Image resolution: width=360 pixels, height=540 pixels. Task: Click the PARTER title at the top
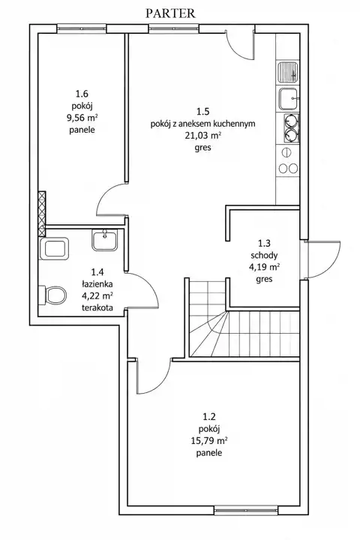pos(170,13)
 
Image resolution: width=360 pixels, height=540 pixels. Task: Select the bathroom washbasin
pos(105,240)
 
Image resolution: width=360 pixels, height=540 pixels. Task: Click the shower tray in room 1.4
pos(55,248)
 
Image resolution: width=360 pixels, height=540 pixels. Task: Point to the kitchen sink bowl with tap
pos(288,98)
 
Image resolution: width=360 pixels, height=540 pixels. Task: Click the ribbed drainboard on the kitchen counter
pos(288,72)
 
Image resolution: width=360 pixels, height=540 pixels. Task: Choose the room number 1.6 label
pos(82,93)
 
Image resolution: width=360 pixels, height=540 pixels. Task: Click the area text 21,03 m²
pos(203,135)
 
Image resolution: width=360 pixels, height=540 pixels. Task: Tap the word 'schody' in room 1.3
pos(264,256)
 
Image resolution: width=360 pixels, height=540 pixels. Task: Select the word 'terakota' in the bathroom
pos(97,307)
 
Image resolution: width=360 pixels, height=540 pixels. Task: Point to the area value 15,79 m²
pos(209,440)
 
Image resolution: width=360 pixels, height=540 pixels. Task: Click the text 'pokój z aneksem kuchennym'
pos(203,124)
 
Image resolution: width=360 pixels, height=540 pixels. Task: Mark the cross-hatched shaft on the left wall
pos(42,214)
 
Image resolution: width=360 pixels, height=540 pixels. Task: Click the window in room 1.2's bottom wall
pos(246,510)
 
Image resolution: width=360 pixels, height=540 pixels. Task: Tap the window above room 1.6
pos(82,28)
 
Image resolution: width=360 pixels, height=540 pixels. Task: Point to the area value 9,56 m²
pos(82,118)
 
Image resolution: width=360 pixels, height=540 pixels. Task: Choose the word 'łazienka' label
pos(97,284)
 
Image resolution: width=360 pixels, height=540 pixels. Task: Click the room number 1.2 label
pos(209,417)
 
